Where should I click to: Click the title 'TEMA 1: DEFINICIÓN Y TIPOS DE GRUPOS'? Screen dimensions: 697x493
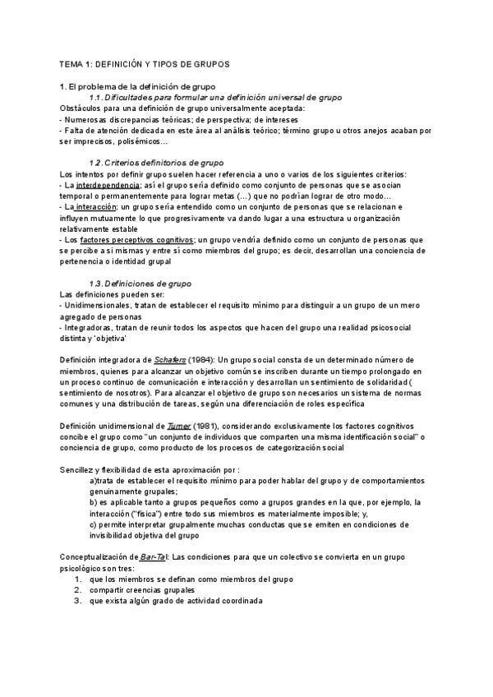(145, 63)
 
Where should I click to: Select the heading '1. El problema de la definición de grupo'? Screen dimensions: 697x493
(137, 86)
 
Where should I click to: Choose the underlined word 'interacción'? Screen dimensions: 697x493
(94, 207)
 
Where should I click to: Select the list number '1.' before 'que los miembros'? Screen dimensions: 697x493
(77, 579)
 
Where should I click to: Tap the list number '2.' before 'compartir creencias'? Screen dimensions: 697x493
(77, 589)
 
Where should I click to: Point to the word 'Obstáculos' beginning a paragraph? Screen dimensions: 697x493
(82, 108)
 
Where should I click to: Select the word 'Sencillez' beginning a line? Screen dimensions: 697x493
(79, 467)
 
